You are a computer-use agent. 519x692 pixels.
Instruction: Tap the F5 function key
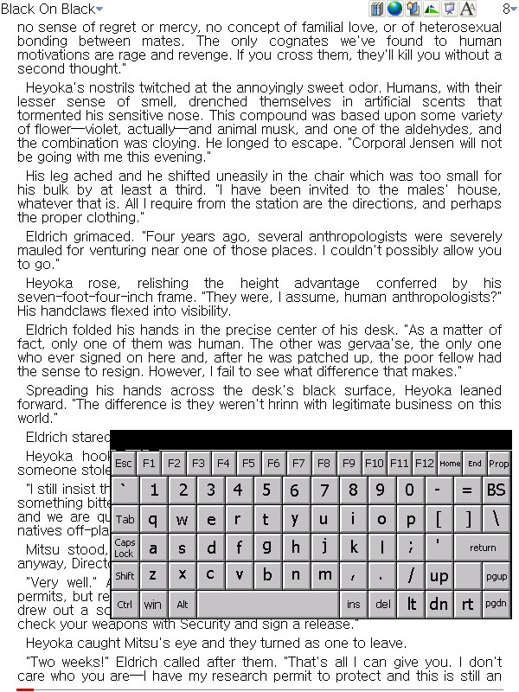point(249,463)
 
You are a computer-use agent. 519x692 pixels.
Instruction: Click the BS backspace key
point(496,490)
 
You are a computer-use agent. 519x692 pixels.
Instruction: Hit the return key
point(483,547)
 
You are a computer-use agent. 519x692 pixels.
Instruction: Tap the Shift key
point(125,575)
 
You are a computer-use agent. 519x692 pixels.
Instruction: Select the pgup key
point(496,575)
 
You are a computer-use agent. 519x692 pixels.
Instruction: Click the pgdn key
point(496,604)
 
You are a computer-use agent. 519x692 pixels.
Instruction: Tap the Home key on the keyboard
point(450,463)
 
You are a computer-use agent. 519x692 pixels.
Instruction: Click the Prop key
point(499,463)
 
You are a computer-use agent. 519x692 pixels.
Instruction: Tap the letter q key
point(153,519)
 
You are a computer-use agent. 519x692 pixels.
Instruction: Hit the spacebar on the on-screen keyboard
point(267,604)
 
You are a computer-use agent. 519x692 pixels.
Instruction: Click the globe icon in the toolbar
point(394,10)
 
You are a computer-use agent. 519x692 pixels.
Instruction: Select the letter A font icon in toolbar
point(468,10)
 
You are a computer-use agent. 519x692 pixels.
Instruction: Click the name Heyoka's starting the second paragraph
point(57,87)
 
